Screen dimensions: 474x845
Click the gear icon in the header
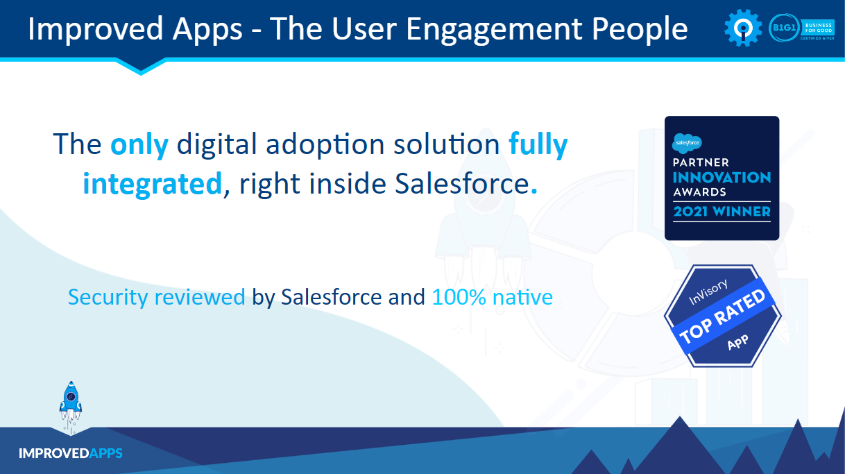743,28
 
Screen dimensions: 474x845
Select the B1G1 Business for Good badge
801,28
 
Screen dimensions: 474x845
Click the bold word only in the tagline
139,144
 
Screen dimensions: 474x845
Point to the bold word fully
538,144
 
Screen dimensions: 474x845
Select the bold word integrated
152,184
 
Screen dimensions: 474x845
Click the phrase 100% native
492,297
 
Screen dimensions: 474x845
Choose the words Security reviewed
157,297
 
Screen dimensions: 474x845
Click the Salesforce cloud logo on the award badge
687,143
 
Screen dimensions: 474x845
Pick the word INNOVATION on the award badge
722,178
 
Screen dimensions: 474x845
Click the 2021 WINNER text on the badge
722,210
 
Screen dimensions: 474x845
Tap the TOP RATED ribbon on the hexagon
722,316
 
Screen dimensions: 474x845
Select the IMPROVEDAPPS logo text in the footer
71,453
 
